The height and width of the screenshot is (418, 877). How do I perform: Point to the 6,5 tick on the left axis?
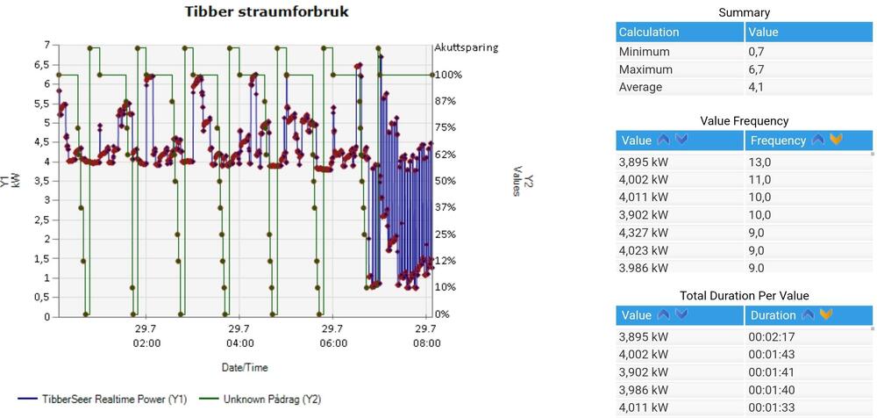pyautogui.click(x=40, y=65)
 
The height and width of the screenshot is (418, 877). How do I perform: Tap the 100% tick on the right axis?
pyautogui.click(x=447, y=75)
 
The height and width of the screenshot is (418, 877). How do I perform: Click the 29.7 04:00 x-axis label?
pyautogui.click(x=239, y=335)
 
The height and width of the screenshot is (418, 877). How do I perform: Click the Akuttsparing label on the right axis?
pyautogui.click(x=466, y=47)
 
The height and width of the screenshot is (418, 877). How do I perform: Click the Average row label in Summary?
pyautogui.click(x=641, y=87)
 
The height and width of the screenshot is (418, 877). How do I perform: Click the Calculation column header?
pyautogui.click(x=649, y=32)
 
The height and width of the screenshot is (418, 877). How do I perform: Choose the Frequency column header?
pyautogui.click(x=778, y=141)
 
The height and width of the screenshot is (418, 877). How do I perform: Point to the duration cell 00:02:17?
pyautogui.click(x=771, y=336)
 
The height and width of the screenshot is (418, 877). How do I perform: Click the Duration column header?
pyautogui.click(x=774, y=315)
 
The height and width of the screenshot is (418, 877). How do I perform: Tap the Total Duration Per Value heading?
pyautogui.click(x=744, y=295)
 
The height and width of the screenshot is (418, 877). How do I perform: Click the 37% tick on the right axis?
pyautogui.click(x=446, y=207)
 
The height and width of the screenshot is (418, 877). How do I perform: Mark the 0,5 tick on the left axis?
pyautogui.click(x=40, y=298)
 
